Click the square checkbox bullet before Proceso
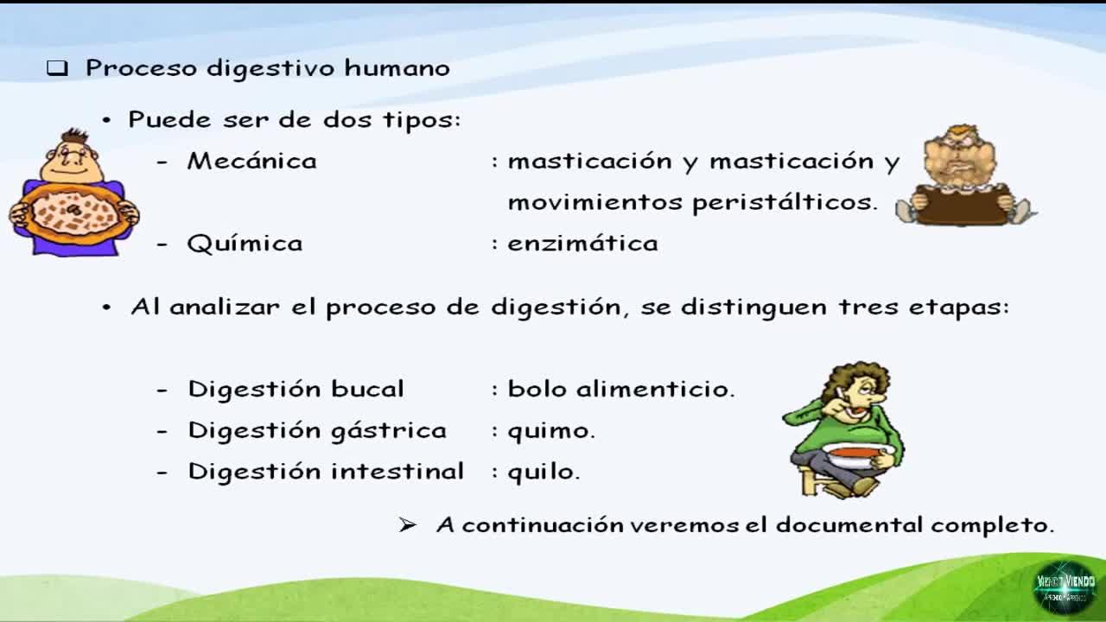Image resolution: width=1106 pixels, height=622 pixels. click(x=57, y=68)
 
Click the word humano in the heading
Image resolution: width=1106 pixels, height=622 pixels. click(x=397, y=67)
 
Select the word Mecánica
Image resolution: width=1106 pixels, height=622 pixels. click(x=251, y=161)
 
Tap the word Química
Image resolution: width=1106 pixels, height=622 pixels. click(x=245, y=244)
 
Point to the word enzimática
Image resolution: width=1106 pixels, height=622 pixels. click(x=582, y=244)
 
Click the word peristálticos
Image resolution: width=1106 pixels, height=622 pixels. click(x=785, y=202)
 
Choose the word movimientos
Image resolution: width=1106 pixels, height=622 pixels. click(x=595, y=202)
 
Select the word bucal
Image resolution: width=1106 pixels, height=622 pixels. click(x=367, y=389)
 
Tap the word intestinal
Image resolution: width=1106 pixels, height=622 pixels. click(x=397, y=471)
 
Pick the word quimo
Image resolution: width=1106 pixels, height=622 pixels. click(x=551, y=431)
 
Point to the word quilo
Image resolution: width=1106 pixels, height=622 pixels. click(x=543, y=472)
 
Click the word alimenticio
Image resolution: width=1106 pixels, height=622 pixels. click(x=656, y=389)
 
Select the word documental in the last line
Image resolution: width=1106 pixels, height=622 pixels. click(x=849, y=524)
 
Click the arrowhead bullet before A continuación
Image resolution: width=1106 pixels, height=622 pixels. click(x=407, y=525)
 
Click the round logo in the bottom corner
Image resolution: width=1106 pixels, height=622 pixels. click(x=1065, y=587)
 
